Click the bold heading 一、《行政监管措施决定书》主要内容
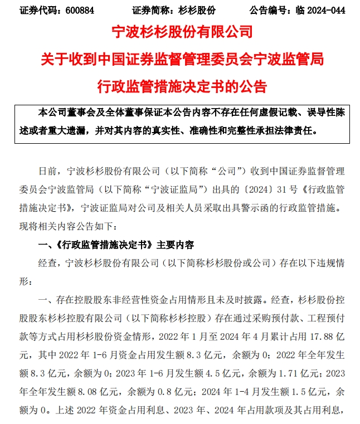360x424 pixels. [115, 245]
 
